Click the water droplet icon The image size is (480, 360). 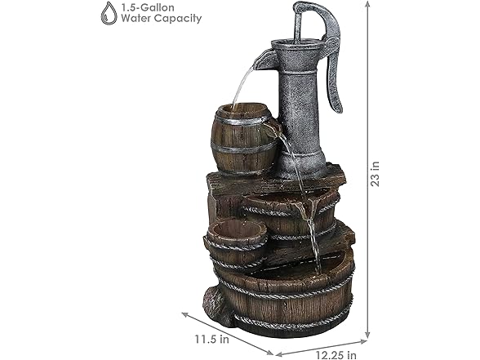108,12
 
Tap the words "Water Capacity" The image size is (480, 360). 162,19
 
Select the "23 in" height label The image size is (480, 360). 375,173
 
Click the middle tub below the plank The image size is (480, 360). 286,214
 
